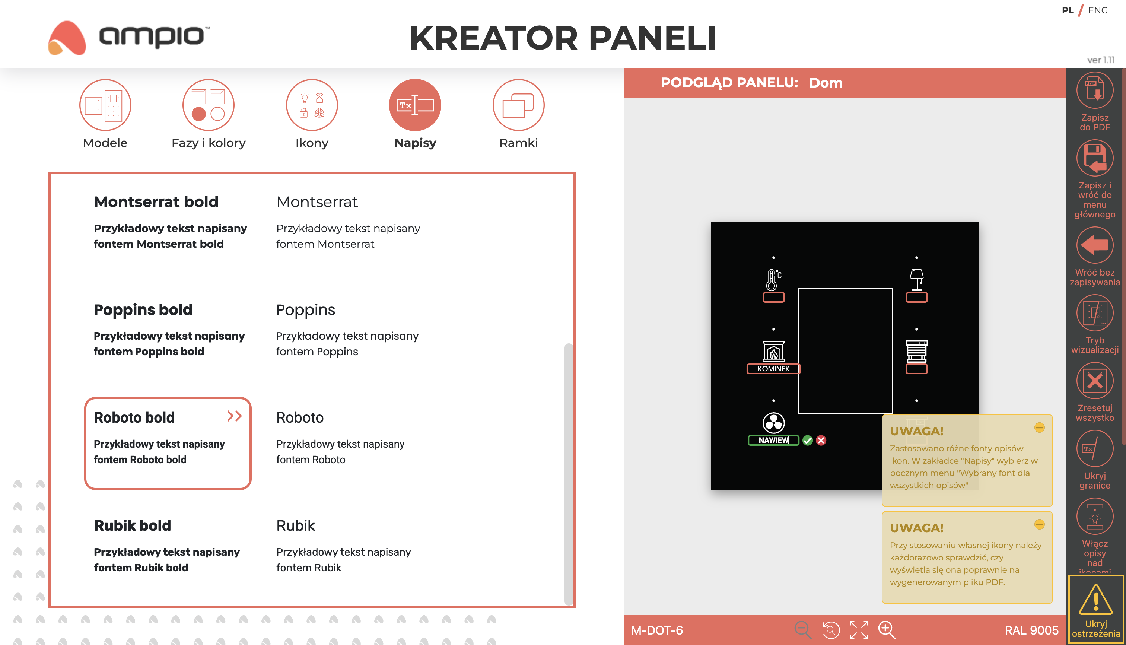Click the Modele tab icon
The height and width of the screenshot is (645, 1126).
coord(105,105)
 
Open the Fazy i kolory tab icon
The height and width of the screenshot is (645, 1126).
coord(208,105)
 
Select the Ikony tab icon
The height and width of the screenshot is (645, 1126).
coord(312,105)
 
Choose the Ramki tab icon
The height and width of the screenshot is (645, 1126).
coord(518,105)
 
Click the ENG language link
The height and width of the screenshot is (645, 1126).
coord(1098,10)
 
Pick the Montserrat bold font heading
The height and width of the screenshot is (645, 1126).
coord(156,202)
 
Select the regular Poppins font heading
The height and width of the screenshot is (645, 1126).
coord(306,310)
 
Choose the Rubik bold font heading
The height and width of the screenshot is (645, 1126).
coord(133,525)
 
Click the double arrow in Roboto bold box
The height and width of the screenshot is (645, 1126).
coord(234,416)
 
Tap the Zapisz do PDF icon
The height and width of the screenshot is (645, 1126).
coord(1095,90)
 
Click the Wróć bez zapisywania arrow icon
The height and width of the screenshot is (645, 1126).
coord(1095,245)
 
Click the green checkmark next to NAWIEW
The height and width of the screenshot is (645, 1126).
coord(808,440)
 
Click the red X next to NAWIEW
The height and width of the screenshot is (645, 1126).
coord(821,440)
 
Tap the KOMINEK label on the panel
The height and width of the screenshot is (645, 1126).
coord(773,369)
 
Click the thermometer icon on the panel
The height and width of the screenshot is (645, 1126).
coord(773,280)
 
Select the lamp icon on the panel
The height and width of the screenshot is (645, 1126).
coord(916,280)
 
